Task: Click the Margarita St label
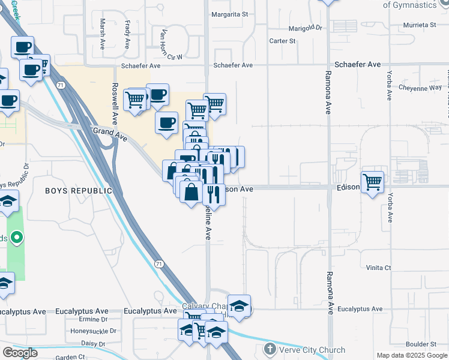[228, 14]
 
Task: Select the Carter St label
[283, 41]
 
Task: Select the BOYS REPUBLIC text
[79, 191]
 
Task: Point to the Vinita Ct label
[378, 268]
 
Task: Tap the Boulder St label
[420, 344]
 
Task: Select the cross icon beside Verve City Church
[270, 349]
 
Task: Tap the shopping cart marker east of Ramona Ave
[373, 182]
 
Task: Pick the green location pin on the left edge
[17, 238]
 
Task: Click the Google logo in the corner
[20, 353]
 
